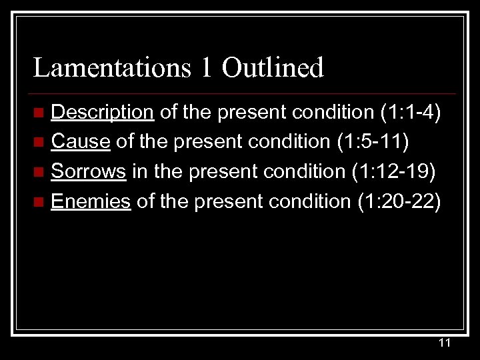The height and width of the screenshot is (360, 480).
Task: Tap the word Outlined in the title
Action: [x=273, y=68]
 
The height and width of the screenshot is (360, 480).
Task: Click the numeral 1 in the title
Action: [x=208, y=68]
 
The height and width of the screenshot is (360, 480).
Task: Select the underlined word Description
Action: [x=103, y=112]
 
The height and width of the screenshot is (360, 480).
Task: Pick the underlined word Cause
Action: [x=80, y=141]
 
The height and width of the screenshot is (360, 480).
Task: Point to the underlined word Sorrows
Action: [x=89, y=171]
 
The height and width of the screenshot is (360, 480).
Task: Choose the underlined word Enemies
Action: [x=91, y=201]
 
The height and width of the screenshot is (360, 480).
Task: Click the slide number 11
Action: [x=445, y=343]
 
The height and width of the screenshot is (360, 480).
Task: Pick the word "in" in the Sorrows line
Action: [x=139, y=171]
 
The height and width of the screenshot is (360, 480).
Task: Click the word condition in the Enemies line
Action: [x=315, y=201]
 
